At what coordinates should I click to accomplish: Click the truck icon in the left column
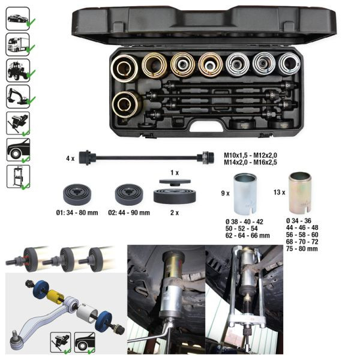coord(17,44)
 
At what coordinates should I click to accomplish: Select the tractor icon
coord(17,70)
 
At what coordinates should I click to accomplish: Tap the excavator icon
coord(17,97)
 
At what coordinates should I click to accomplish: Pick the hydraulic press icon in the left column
coord(18,176)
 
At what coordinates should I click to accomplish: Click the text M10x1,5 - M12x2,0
coord(250,155)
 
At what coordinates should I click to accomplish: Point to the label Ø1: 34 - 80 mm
coord(77,213)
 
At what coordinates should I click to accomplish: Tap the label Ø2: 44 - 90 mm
coord(129,213)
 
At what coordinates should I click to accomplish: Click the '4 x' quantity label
coord(70,158)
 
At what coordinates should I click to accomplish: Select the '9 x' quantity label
coord(225,193)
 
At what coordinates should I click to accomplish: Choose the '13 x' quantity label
coord(279,192)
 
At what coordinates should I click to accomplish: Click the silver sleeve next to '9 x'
coord(245,194)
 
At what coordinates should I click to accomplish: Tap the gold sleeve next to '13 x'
coord(300,192)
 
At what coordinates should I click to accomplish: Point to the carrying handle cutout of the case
coord(206,126)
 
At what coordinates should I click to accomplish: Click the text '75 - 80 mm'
coord(302,248)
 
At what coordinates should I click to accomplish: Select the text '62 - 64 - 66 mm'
coord(247,235)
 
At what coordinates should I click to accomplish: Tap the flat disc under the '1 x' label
coord(175,182)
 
